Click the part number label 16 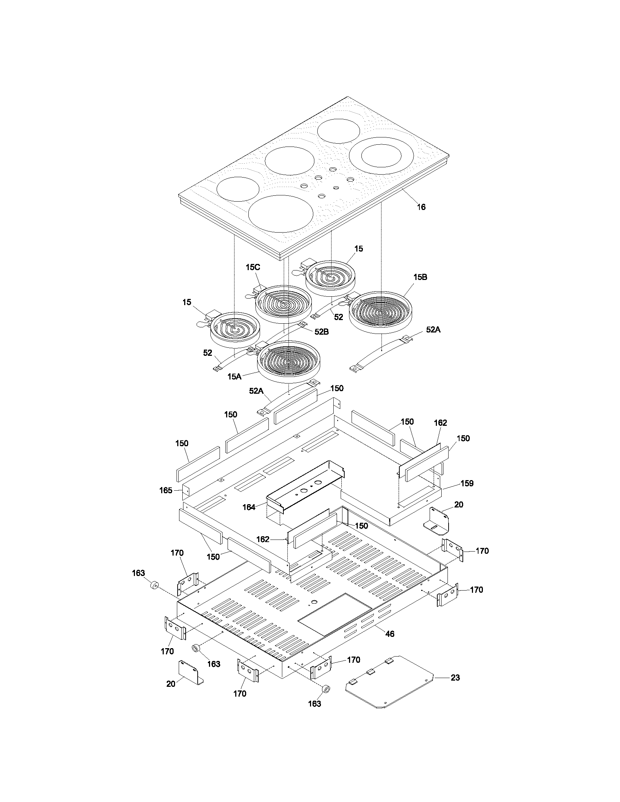(421, 207)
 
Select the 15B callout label (420, 277)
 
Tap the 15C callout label (253, 267)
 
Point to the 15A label (235, 377)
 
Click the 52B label (321, 332)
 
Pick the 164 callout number (249, 507)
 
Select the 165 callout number (166, 490)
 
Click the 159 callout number (467, 483)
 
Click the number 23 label (455, 678)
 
